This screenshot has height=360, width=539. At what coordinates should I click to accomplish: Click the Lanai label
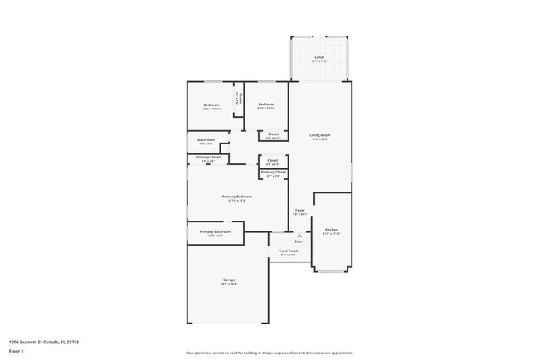(319, 57)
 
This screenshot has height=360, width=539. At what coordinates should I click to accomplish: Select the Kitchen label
(331, 229)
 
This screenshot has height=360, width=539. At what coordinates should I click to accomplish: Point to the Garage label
(229, 280)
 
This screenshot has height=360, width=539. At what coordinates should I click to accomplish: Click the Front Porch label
(289, 250)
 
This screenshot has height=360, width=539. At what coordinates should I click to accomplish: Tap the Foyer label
(299, 210)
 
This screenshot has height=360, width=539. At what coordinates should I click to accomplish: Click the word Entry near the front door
(299, 241)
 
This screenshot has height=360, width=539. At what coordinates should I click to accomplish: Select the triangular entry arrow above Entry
(299, 235)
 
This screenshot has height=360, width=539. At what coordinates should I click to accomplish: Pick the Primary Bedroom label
(236, 196)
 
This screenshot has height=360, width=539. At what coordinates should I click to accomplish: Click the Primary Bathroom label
(215, 231)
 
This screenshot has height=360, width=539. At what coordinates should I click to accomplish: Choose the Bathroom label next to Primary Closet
(206, 139)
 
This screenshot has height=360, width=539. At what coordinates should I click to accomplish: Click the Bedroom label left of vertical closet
(211, 105)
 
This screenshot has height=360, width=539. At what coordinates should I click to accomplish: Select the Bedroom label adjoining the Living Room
(265, 105)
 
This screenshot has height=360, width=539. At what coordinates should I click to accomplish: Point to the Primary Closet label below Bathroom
(208, 157)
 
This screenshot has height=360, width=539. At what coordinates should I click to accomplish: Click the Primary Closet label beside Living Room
(274, 172)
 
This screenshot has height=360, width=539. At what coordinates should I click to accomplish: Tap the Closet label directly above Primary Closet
(273, 159)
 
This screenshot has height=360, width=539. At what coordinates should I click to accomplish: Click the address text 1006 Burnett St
(43, 341)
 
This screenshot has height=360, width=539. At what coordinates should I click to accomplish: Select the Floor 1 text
(16, 351)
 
